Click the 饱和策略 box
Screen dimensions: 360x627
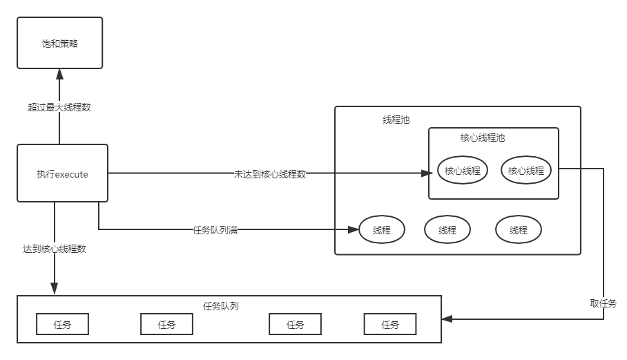tap(60, 43)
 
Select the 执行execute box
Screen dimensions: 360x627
tap(62, 173)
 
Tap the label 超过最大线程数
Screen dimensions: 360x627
tap(59, 107)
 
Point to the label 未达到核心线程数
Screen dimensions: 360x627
tap(270, 174)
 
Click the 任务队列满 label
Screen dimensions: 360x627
tap(215, 230)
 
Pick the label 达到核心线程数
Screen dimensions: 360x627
tap(55, 249)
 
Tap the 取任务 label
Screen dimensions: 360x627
tap(603, 303)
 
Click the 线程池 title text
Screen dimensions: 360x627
tap(396, 120)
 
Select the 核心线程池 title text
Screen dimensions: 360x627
tap(483, 138)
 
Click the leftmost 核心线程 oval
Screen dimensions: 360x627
tap(463, 171)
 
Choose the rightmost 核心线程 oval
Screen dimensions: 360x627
tap(526, 171)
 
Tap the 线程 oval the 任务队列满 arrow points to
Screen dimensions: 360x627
tap(382, 230)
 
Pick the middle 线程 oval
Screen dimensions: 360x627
tap(447, 230)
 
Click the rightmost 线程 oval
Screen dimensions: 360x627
tap(519, 230)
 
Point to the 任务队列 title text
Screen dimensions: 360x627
tap(222, 305)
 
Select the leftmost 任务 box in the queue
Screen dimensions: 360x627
tap(62, 324)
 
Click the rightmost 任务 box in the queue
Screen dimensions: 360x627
tap(390, 324)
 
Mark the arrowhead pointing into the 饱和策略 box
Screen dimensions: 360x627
tap(59, 73)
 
